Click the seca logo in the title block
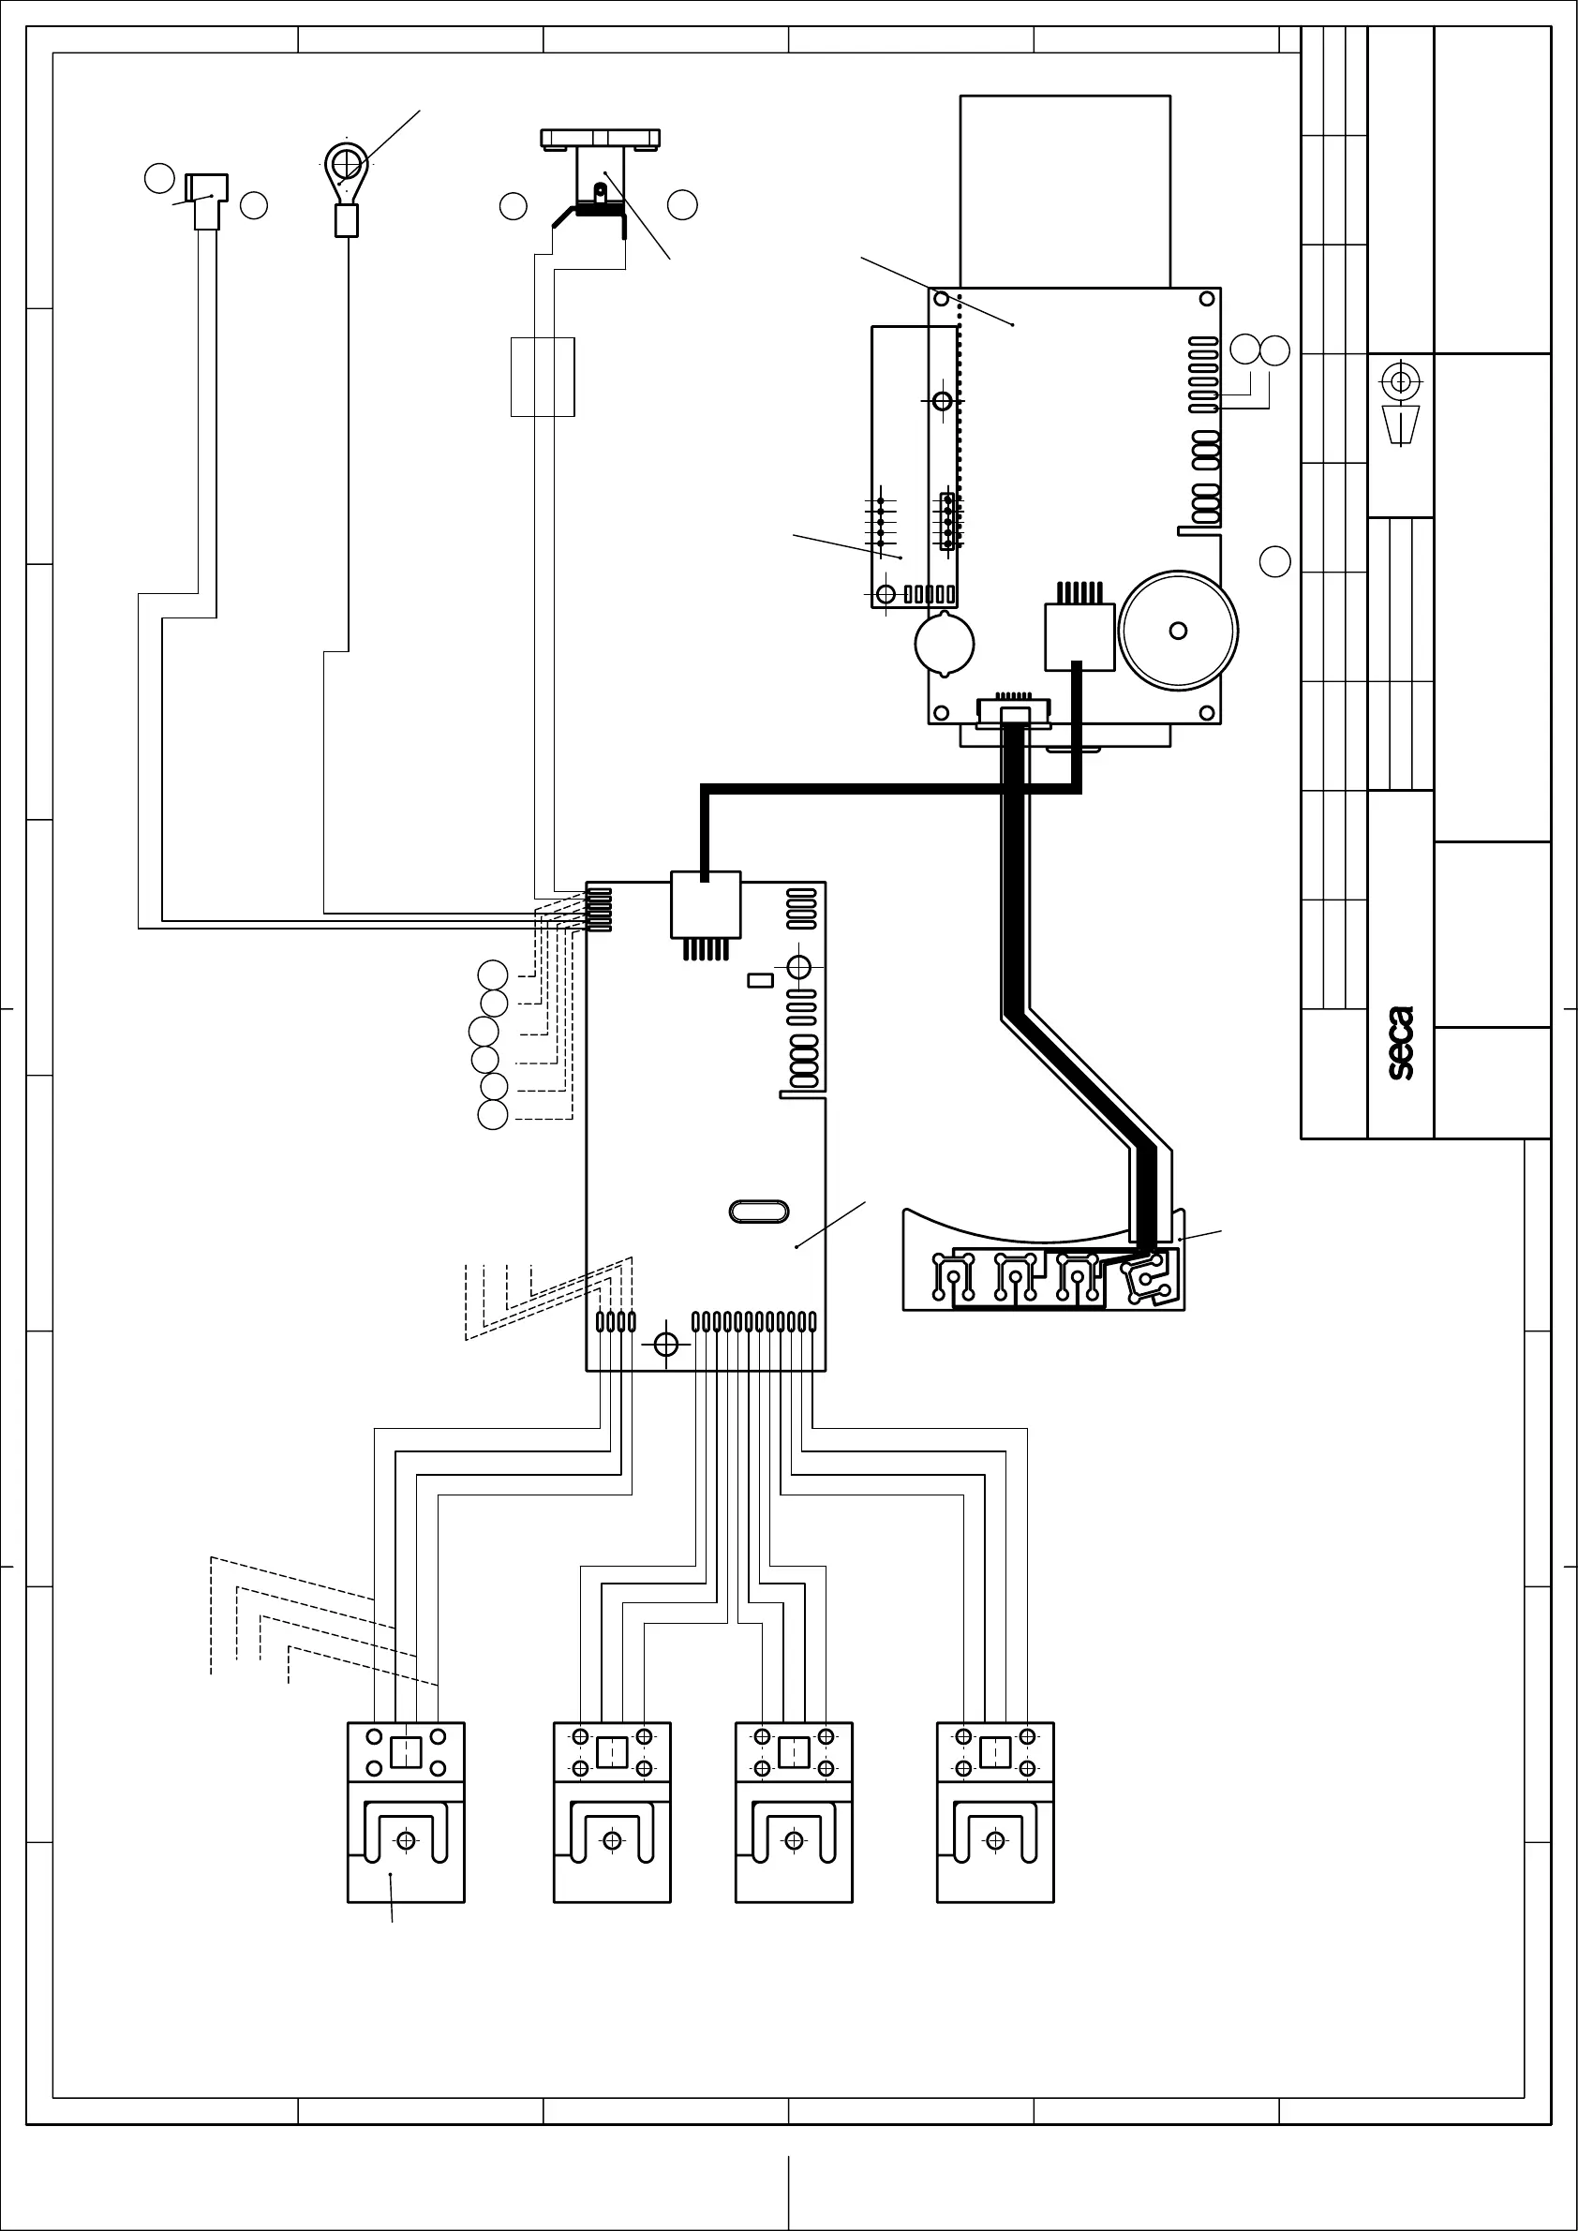coord(1400,1044)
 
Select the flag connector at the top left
coord(206,186)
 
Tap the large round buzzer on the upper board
coord(1178,631)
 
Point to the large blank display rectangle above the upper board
coord(1064,190)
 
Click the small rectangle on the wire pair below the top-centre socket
coord(543,377)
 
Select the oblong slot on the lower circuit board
coord(758,1212)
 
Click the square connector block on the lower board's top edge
coord(706,906)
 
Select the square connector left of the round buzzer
coord(1079,636)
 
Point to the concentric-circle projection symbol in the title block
coord(1400,382)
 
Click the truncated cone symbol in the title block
coord(1400,424)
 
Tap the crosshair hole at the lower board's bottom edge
coord(665,1345)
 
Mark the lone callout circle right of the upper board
coord(1274,561)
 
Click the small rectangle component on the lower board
coord(760,980)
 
